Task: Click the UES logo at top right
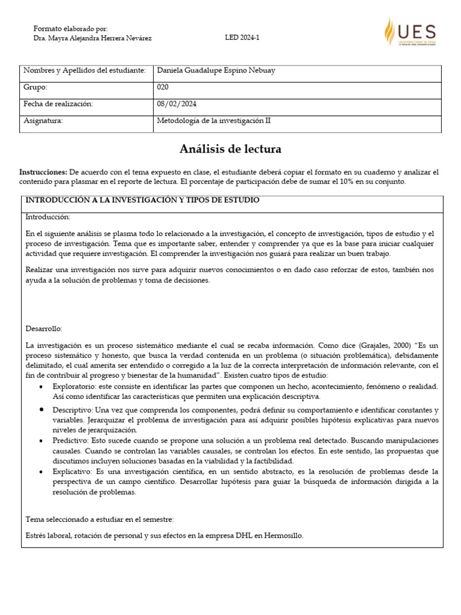pyautogui.click(x=410, y=32)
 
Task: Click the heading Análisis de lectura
pyautogui.click(x=230, y=149)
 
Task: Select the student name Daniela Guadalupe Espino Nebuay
pyautogui.click(x=215, y=71)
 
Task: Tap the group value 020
pyautogui.click(x=163, y=87)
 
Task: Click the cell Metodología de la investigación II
pyautogui.click(x=214, y=121)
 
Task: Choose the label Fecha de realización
pyautogui.click(x=58, y=104)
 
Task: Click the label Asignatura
pyautogui.click(x=43, y=121)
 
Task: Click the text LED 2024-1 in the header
pyautogui.click(x=242, y=37)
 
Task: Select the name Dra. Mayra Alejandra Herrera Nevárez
pyautogui.click(x=92, y=38)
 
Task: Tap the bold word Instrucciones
pyautogui.click(x=44, y=172)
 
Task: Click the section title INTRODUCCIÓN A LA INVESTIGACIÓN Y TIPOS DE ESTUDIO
pyautogui.click(x=142, y=200)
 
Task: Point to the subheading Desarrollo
pyautogui.click(x=44, y=329)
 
